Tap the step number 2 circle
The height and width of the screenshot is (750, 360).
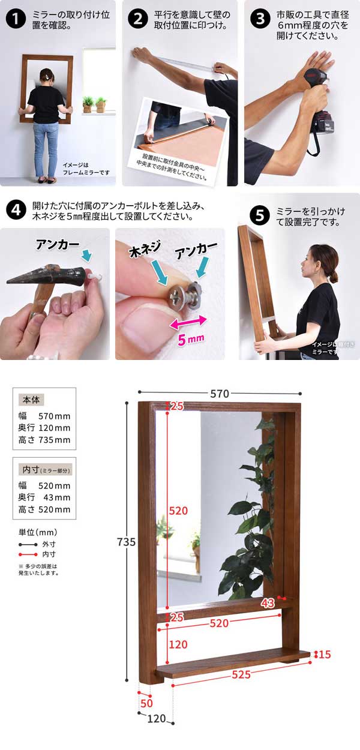click(x=138, y=19)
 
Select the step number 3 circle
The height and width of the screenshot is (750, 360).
click(x=259, y=19)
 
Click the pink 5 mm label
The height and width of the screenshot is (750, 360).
click(x=191, y=340)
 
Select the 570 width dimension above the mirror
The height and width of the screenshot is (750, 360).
click(x=220, y=394)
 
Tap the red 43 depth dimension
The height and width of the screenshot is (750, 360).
click(x=268, y=602)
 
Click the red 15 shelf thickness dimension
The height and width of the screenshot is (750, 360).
click(x=325, y=654)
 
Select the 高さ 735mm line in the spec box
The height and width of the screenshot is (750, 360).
click(x=44, y=440)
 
